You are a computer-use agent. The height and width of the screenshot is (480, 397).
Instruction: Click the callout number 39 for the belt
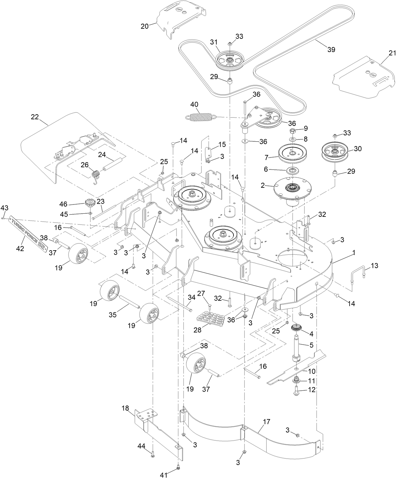click(331, 50)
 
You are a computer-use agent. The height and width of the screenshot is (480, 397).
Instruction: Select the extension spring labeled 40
click(201, 117)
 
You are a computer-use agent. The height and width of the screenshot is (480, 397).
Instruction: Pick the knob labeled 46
click(90, 202)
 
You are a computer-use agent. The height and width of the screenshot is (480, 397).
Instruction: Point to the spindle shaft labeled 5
click(297, 347)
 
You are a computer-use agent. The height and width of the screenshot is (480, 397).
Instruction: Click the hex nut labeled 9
click(292, 130)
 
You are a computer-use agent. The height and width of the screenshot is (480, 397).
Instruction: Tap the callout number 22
click(34, 117)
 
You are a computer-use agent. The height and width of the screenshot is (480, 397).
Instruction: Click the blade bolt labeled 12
click(298, 390)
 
